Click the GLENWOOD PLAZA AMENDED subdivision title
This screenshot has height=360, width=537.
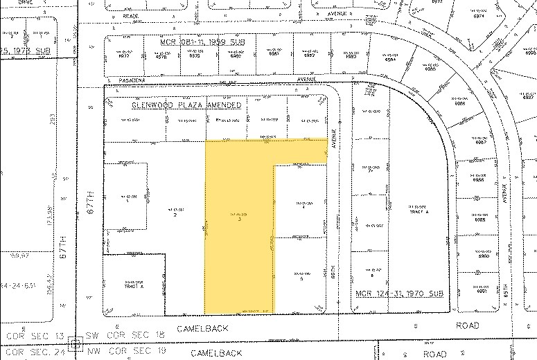(186, 105)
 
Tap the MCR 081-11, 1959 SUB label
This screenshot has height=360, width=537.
(204, 42)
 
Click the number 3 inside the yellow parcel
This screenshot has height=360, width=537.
(239, 222)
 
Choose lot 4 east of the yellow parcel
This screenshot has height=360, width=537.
(303, 206)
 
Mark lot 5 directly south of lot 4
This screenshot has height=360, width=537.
(302, 279)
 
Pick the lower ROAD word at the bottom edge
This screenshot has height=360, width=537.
(435, 353)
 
